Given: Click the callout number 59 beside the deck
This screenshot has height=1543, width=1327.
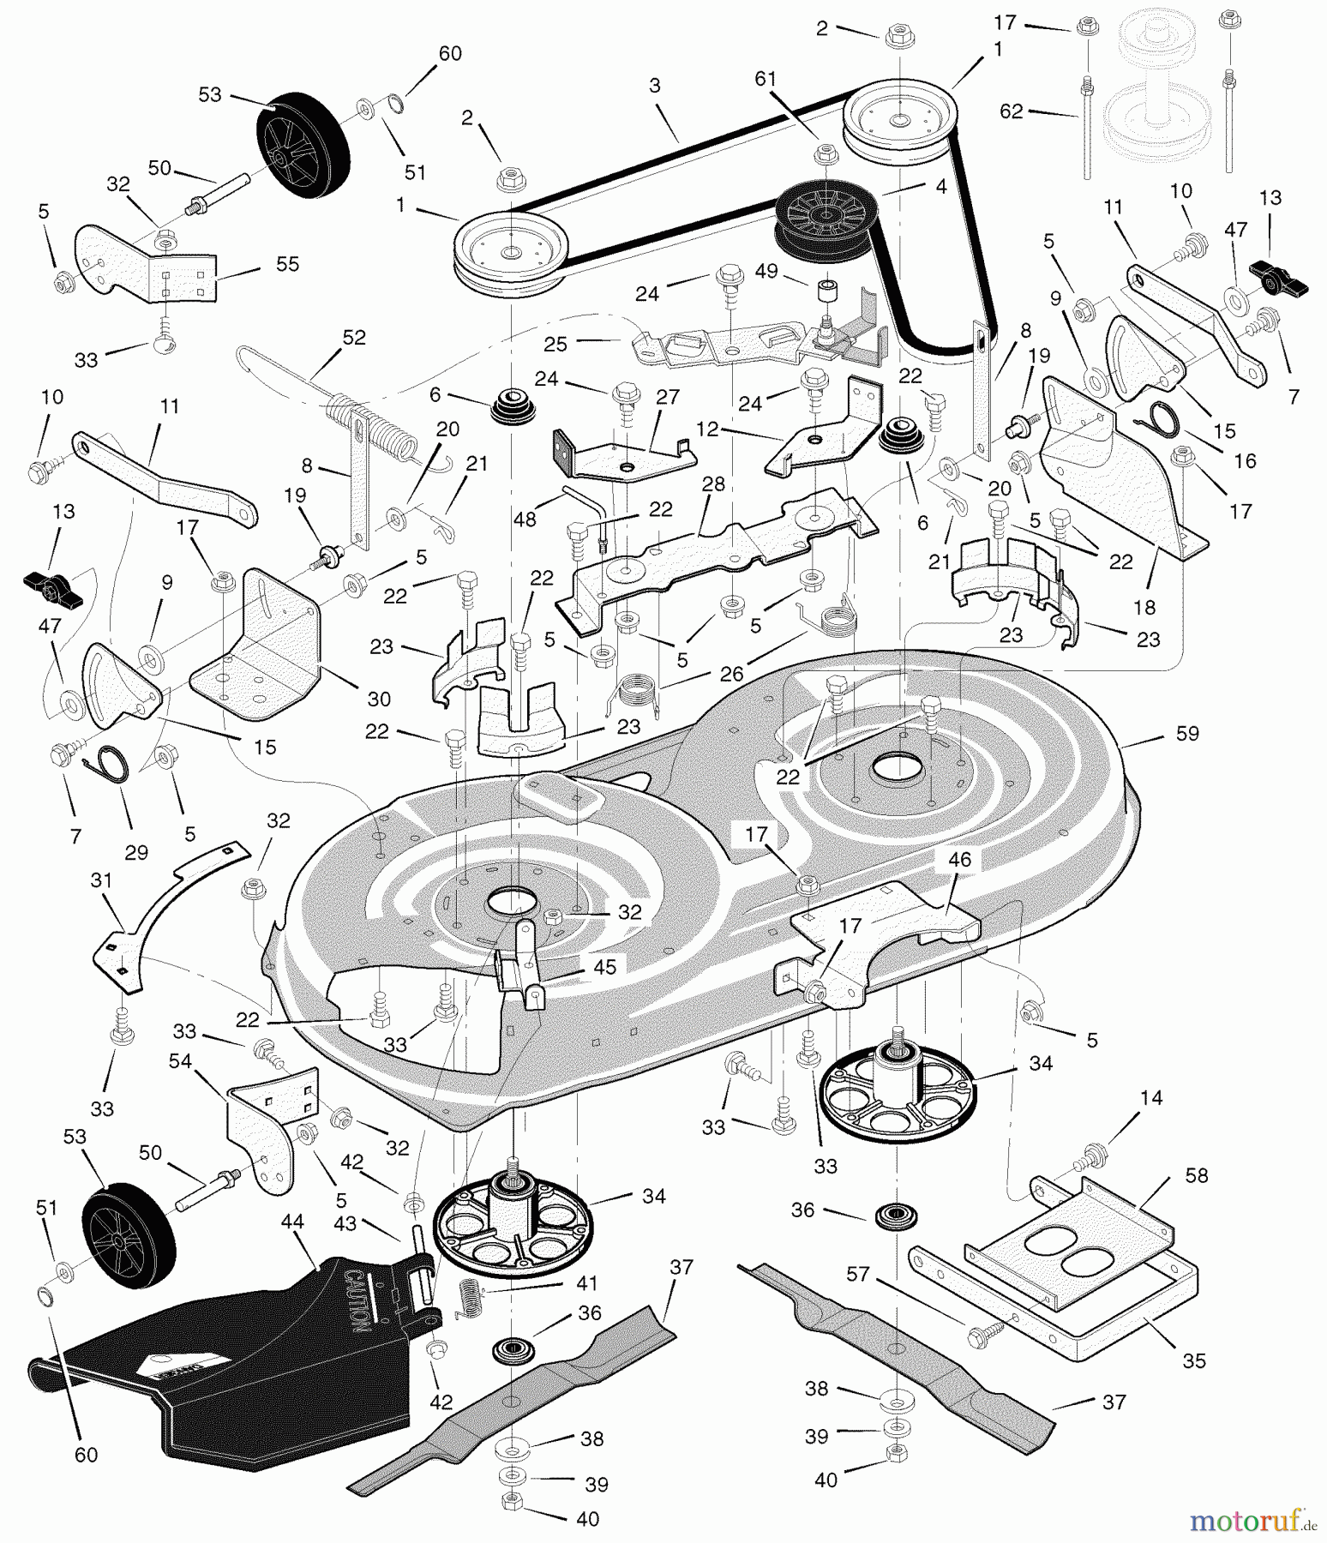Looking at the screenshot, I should (1187, 734).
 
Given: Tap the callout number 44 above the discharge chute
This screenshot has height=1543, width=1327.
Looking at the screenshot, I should (292, 1221).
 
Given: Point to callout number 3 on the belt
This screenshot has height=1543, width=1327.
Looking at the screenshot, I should (655, 85).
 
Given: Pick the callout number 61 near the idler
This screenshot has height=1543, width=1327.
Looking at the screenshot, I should (766, 79).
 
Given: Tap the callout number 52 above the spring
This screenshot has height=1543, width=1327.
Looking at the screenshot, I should (353, 338).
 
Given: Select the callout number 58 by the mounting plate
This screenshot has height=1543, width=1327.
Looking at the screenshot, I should (1196, 1175).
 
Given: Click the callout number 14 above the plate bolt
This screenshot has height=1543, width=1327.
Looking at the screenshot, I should (1151, 1098).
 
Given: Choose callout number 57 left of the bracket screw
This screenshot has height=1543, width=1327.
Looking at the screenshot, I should (858, 1275).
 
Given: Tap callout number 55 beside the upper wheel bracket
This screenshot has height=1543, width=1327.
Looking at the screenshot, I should (287, 264).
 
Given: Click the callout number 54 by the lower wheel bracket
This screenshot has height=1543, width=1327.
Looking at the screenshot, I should (180, 1061).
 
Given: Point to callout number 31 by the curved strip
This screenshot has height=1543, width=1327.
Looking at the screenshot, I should (101, 880).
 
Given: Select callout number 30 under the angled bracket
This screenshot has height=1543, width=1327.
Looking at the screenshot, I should (379, 699).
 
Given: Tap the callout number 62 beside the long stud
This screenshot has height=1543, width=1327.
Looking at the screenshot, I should (1012, 111).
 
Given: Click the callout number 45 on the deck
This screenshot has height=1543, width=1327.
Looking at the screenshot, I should (604, 967).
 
